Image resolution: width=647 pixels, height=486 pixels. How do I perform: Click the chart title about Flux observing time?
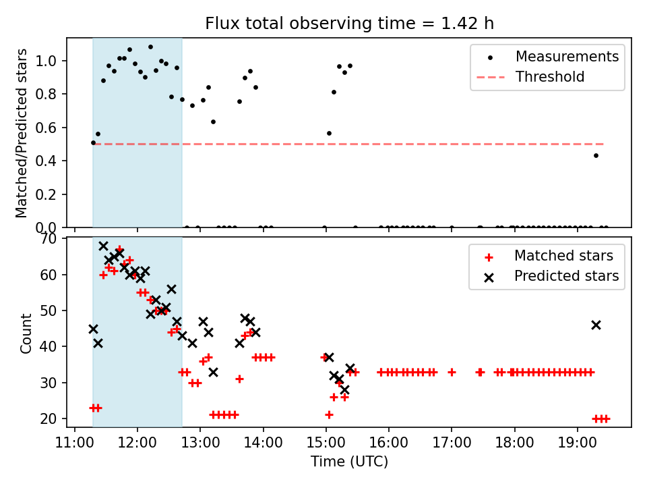point(349,24)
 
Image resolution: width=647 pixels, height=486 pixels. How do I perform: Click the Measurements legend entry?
point(567,57)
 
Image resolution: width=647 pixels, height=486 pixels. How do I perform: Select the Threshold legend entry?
point(549,77)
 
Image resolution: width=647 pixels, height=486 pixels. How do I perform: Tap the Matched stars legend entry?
point(563,256)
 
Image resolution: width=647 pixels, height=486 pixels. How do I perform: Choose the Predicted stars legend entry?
point(566,276)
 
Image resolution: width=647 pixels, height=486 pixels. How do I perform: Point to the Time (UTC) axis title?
point(349,462)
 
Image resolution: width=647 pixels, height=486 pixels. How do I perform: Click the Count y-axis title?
point(26,333)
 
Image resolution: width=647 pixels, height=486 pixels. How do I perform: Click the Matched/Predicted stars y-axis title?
point(22,133)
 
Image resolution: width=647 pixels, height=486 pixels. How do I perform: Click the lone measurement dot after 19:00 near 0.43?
point(596,155)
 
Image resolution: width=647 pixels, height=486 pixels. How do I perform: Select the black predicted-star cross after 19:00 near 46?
point(596,325)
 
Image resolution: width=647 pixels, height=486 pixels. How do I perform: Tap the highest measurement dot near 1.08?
point(150,47)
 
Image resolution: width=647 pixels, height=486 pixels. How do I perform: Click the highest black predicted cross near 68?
point(103,246)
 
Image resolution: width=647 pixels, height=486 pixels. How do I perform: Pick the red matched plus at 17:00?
point(452,372)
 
